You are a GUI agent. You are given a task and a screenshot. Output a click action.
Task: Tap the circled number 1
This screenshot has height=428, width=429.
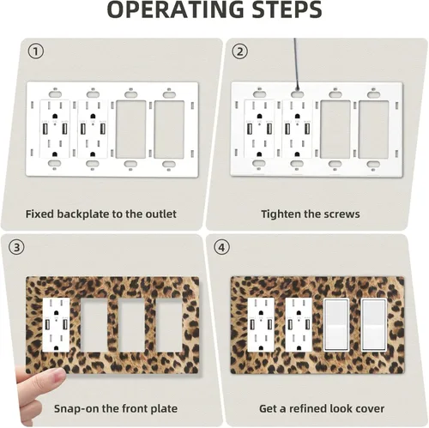pyautogui.click(x=36, y=51)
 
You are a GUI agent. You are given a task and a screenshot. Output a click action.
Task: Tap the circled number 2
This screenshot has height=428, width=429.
pyautogui.click(x=239, y=51)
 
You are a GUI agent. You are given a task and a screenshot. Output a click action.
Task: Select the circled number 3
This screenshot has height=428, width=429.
pyautogui.click(x=17, y=247)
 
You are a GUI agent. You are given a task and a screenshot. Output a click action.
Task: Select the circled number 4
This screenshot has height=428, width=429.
pyautogui.click(x=221, y=247)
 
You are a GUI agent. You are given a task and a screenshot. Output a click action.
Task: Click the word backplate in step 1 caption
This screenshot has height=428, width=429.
pyautogui.click(x=82, y=214)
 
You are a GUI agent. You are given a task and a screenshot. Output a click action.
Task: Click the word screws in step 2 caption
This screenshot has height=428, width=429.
pyautogui.click(x=341, y=214)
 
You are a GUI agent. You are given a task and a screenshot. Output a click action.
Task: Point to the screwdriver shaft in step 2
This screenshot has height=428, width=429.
pyautogui.click(x=297, y=65)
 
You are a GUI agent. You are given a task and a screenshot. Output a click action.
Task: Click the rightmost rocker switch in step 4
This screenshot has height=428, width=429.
pyautogui.click(x=374, y=325)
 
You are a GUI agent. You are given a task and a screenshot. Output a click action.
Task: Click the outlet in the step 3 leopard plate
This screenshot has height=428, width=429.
pyautogui.click(x=56, y=325)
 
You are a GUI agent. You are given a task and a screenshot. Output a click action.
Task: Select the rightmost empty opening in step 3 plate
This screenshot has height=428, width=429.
pyautogui.click(x=169, y=325)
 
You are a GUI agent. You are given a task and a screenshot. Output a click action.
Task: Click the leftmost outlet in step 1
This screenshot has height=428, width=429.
pyautogui.click(x=54, y=129)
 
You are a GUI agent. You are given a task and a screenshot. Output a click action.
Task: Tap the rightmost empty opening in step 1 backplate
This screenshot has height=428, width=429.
pyautogui.click(x=169, y=130)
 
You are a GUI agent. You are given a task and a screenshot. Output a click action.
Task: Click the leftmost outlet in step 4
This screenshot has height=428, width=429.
pyautogui.click(x=261, y=325)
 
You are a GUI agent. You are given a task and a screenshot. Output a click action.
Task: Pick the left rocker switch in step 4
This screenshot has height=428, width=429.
pyautogui.click(x=336, y=325)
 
